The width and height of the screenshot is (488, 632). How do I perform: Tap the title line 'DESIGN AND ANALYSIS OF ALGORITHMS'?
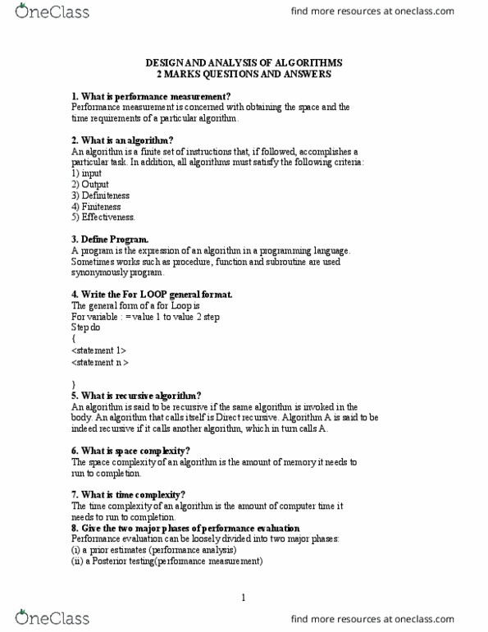244,62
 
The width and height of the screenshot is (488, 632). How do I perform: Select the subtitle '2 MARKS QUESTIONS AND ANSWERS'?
244,74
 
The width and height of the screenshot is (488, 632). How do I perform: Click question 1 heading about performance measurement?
144,96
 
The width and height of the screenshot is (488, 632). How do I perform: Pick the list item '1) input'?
87,173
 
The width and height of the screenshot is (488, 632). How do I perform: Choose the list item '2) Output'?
89,185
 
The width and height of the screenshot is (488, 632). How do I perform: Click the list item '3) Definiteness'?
100,195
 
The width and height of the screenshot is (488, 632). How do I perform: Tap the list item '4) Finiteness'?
95,207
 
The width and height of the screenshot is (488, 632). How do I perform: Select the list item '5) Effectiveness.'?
103,218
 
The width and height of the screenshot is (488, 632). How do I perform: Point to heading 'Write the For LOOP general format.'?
152,294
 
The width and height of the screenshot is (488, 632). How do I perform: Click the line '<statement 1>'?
98,350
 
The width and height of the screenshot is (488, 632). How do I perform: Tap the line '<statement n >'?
100,361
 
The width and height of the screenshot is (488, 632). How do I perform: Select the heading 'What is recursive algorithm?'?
136,395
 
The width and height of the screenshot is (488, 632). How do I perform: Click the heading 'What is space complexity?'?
130,451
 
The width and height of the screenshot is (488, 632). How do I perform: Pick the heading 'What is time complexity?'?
128,494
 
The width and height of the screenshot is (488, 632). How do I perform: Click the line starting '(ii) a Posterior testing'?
166,561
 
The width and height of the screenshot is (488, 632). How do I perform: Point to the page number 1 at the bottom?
244,598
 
